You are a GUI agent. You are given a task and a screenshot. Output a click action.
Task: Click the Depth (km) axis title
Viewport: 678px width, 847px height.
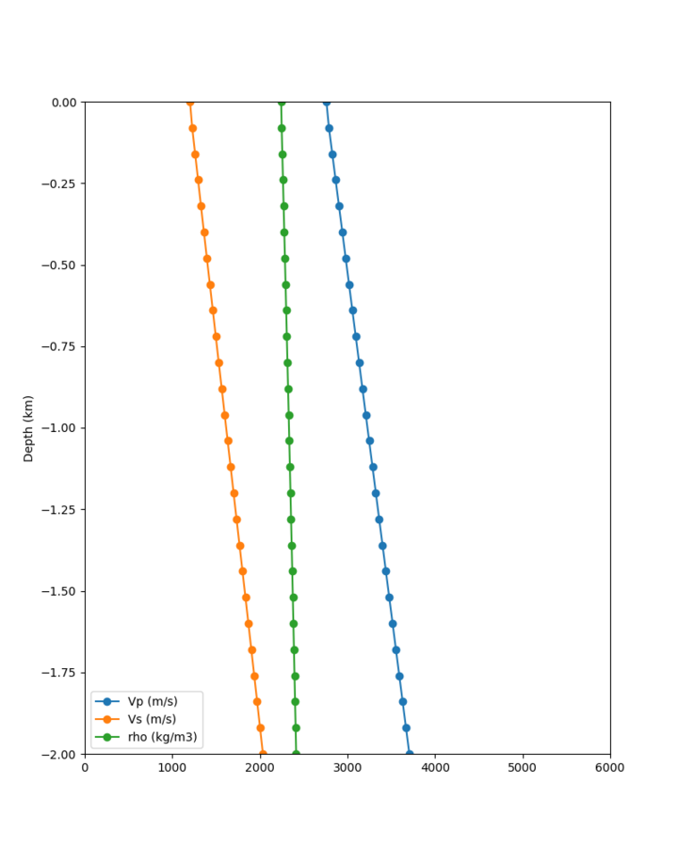(28, 428)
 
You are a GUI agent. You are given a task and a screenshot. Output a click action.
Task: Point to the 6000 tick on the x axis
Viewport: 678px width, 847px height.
(610, 768)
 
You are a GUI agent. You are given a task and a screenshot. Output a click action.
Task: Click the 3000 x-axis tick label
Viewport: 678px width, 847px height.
(347, 768)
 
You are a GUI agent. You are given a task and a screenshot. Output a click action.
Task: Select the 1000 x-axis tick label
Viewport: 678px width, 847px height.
(172, 768)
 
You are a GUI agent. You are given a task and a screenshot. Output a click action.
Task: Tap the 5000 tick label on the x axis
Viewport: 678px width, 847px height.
(523, 768)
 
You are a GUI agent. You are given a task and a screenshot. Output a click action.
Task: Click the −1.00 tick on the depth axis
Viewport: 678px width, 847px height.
(60, 428)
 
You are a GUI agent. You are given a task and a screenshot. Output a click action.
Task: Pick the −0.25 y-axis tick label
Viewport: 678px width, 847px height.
(60, 184)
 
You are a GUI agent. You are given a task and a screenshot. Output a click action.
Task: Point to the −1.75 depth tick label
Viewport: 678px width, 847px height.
(60, 673)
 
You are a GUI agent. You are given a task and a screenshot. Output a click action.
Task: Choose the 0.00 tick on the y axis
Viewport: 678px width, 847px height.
(64, 102)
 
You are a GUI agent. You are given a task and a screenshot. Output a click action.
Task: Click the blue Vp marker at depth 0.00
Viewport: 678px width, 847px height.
(327, 102)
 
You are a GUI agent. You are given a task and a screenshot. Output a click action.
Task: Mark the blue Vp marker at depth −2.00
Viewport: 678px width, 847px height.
(409, 754)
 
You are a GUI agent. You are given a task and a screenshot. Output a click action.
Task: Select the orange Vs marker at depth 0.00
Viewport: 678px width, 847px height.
(190, 102)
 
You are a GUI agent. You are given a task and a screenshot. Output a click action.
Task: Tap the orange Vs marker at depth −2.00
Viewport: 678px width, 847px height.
(263, 754)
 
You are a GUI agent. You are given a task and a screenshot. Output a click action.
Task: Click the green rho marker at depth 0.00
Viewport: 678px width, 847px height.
(281, 102)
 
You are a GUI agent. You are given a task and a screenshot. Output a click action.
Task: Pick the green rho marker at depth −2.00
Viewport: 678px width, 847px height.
(296, 754)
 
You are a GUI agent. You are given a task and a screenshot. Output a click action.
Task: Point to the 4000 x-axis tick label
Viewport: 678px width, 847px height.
(435, 768)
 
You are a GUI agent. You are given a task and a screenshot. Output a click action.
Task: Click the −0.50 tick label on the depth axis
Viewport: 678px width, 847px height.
(60, 264)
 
